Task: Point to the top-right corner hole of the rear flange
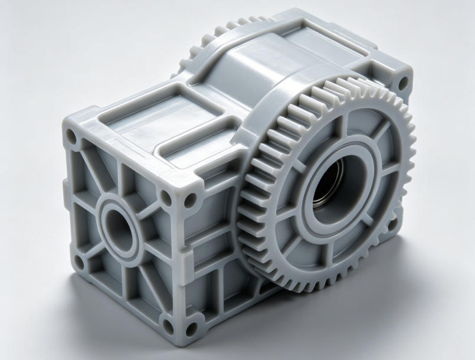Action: [x=402, y=83]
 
